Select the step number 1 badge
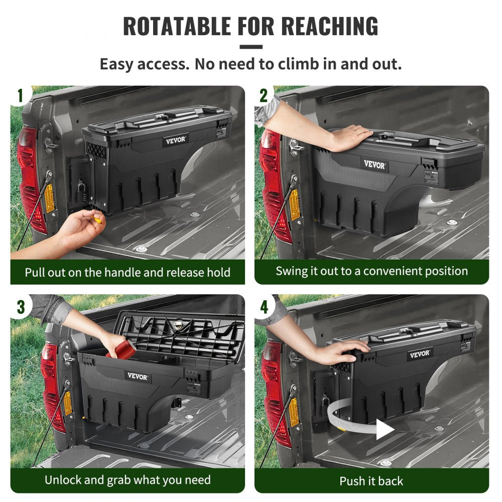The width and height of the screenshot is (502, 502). pyautogui.click(x=21, y=96)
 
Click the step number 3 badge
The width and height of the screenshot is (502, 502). pyautogui.click(x=21, y=306)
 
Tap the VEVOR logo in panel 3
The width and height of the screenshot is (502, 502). pyautogui.click(x=137, y=376)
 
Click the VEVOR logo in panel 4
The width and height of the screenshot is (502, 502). pyautogui.click(x=420, y=354)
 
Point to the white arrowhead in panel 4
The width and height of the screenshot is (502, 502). pyautogui.click(x=385, y=429)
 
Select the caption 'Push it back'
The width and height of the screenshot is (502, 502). pyautogui.click(x=371, y=481)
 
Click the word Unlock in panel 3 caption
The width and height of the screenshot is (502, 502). pyautogui.click(x=63, y=479)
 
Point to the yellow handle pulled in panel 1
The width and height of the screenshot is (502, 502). pyautogui.click(x=97, y=219)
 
